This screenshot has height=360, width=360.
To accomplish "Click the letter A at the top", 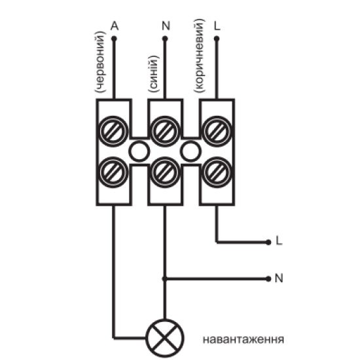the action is tap(115, 26).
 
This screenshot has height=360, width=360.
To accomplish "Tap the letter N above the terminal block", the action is tap(166, 26).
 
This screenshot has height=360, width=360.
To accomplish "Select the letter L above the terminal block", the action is tap(217, 26).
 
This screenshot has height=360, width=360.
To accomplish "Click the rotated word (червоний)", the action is tap(100, 62).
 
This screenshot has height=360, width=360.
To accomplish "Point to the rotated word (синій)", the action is tap(153, 74).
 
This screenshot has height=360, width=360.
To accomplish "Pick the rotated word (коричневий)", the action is tap(199, 56).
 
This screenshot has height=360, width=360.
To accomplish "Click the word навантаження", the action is tap(243, 339).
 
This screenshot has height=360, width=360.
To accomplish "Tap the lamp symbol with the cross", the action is tap(165, 338).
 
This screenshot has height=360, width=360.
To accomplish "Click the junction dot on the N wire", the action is tap(164, 279).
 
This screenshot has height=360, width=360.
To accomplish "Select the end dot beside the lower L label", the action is tap(268, 242).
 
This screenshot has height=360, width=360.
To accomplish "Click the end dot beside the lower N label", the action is tap(268, 279).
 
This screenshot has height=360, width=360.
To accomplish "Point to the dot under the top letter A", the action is tap(114, 39).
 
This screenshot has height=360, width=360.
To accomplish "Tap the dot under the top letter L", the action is tap(217, 39).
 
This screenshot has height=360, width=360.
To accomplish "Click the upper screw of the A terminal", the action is tap(113, 131).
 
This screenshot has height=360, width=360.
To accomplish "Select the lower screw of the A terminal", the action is tap(113, 172).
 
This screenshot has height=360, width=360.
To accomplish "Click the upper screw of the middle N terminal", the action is tap(165, 131).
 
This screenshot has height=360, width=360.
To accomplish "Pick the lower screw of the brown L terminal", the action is tap(217, 172).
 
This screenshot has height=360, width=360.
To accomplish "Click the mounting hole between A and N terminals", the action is tap(139, 152).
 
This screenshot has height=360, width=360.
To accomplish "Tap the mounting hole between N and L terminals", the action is tap(190, 152).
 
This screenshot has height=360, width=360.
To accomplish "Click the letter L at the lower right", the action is tap(279, 241).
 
